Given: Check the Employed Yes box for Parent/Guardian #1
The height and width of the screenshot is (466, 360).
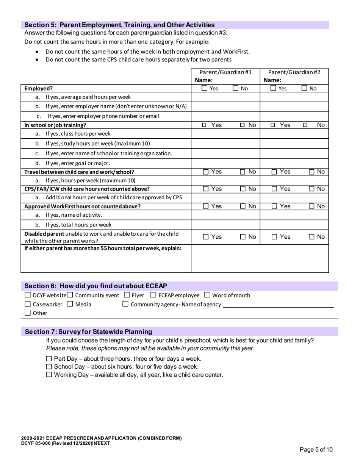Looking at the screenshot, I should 204,89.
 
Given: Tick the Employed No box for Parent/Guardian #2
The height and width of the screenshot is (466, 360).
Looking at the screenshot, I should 304,89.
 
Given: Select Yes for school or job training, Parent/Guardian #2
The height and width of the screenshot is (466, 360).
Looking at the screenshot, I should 273,125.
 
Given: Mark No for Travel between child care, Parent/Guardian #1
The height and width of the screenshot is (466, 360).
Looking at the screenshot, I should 243,172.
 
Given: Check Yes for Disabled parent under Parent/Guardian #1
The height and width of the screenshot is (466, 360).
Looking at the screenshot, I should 205,237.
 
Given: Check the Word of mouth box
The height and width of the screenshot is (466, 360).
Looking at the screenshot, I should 207,295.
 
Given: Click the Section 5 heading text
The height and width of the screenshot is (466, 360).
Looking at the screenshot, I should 119,25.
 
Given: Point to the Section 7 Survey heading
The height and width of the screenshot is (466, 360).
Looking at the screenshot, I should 88,332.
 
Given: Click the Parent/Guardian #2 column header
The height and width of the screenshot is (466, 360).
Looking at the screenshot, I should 294,72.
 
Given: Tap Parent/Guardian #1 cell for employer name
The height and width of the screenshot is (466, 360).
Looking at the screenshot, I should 225,106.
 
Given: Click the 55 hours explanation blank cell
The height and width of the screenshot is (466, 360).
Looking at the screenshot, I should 260,258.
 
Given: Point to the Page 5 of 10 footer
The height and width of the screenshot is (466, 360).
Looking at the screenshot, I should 316,450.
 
